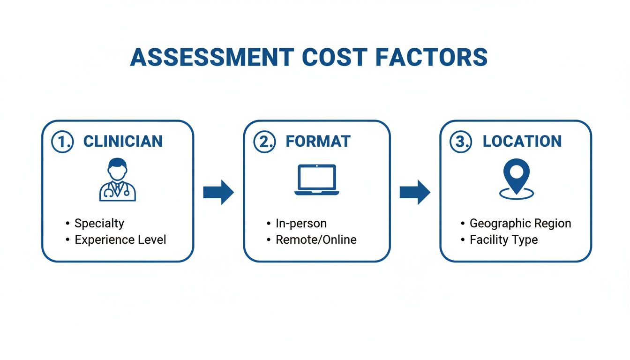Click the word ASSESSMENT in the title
212,57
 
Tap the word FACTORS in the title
431,57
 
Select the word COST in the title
335,57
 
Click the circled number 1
62,142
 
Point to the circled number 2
264,142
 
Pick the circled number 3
461,142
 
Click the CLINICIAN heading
123,141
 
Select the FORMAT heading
318,141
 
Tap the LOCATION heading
522,141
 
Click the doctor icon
118,180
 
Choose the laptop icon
317,180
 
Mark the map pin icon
517,179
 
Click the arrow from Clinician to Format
218,192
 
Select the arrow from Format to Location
415,192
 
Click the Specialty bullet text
99,224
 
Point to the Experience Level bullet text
120,240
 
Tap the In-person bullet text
301,224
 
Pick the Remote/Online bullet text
316,240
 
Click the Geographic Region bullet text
520,224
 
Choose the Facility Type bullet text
504,240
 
